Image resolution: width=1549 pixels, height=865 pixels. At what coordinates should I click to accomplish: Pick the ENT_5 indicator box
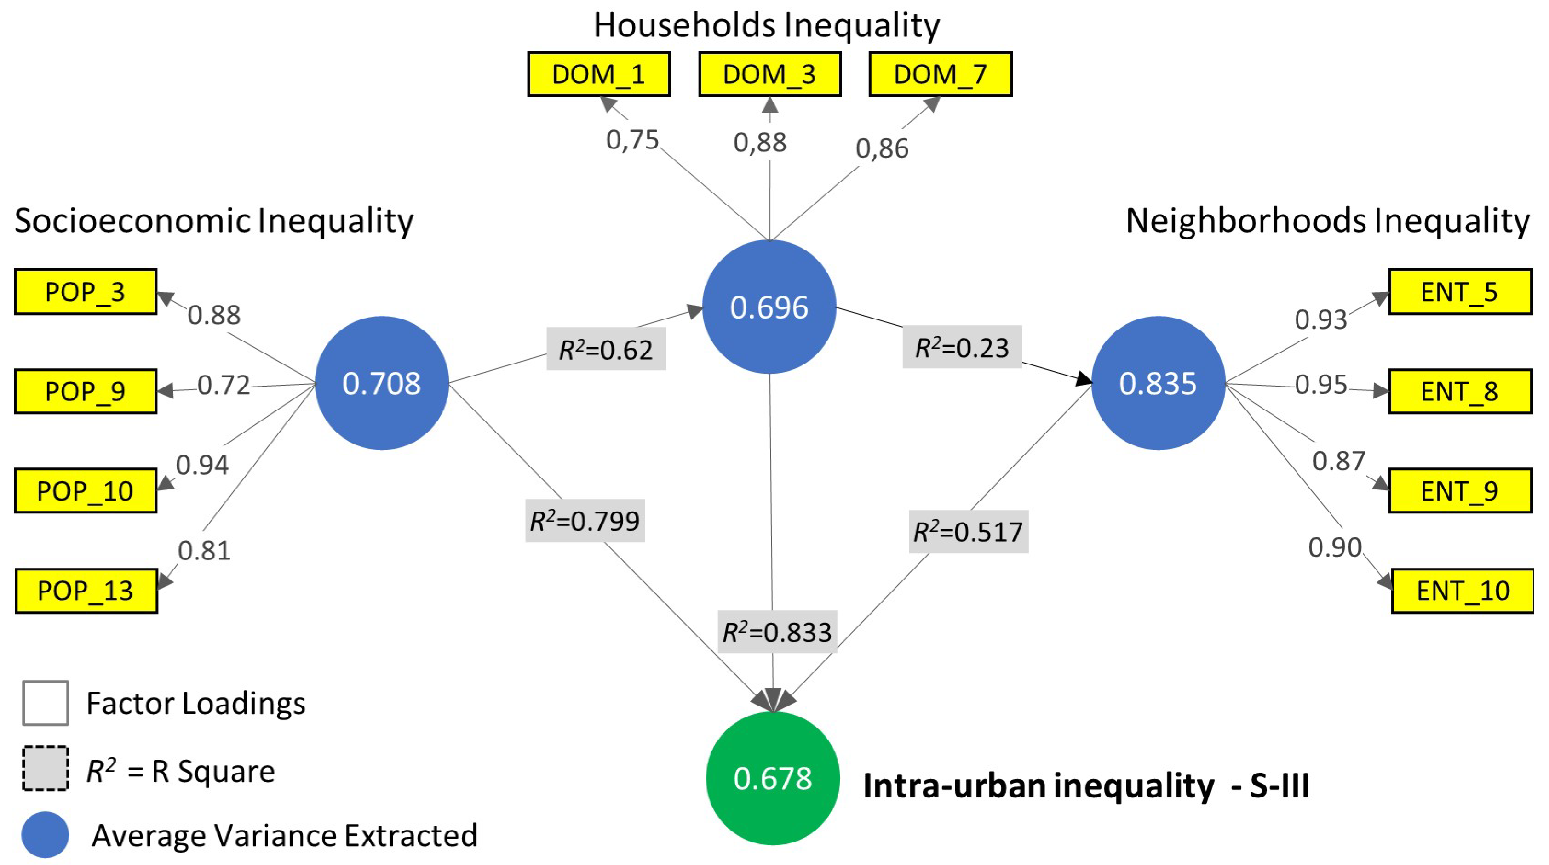[x=1459, y=291]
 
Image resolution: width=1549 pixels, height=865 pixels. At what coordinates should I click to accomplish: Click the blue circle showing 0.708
[x=381, y=383]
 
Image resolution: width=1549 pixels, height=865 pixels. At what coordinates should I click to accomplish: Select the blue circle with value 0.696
[x=769, y=307]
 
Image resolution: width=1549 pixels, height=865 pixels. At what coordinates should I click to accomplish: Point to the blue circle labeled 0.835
[x=1158, y=383]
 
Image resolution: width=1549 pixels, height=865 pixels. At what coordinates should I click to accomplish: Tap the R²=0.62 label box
[x=606, y=349]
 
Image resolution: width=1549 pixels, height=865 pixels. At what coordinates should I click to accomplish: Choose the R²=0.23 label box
[x=962, y=347]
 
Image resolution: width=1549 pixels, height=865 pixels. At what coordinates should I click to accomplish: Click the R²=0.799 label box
[x=585, y=520]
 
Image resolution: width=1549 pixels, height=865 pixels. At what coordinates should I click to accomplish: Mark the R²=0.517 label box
[x=968, y=531]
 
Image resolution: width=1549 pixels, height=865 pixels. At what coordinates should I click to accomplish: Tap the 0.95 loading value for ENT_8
[x=1320, y=384]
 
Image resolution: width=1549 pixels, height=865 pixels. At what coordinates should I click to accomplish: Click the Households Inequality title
[x=766, y=25]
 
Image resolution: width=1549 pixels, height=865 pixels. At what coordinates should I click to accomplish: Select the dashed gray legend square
[x=45, y=768]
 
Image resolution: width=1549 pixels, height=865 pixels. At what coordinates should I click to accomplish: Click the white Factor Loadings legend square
[x=45, y=702]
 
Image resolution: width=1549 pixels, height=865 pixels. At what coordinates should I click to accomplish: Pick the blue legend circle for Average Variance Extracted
[x=45, y=834]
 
